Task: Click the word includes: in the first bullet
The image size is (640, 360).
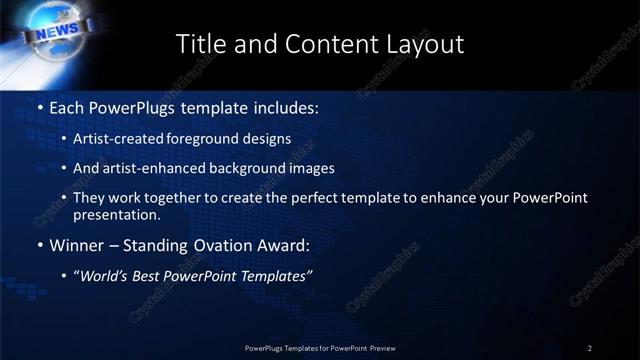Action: [x=284, y=105]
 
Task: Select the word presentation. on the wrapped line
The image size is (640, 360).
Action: [x=116, y=214]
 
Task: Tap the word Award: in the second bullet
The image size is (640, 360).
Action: [x=283, y=245]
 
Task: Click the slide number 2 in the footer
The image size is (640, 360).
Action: [x=590, y=348]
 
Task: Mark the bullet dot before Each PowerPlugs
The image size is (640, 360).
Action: [x=40, y=106]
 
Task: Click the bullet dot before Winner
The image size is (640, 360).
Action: [x=40, y=246]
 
